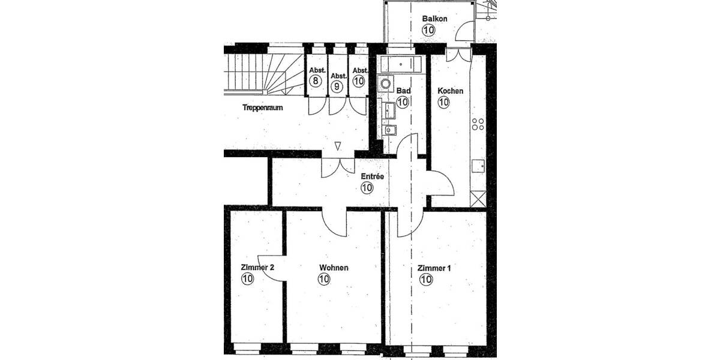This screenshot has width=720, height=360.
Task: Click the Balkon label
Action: [x=434, y=19]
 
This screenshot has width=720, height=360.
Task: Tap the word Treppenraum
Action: [x=262, y=108]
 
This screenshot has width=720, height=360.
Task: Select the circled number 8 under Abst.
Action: [x=316, y=79]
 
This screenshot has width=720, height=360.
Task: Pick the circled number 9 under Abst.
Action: [x=338, y=86]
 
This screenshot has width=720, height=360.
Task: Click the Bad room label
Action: [x=404, y=91]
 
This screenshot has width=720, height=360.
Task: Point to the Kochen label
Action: [x=450, y=91]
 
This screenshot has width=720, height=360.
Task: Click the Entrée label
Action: [x=372, y=176]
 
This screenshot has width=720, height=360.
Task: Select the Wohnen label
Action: [x=334, y=268]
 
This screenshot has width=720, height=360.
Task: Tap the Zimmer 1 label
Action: [x=434, y=268]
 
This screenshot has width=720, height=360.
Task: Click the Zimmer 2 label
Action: [x=257, y=268]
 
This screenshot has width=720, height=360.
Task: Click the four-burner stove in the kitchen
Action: [x=478, y=124]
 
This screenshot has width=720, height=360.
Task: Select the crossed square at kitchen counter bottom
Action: [x=478, y=199]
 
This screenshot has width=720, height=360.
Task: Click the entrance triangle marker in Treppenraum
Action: [x=338, y=146]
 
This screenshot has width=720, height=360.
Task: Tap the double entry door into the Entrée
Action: [x=338, y=167]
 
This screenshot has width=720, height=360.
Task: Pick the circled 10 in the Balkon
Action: [x=428, y=30]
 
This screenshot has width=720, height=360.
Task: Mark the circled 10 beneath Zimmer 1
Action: [x=426, y=279]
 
